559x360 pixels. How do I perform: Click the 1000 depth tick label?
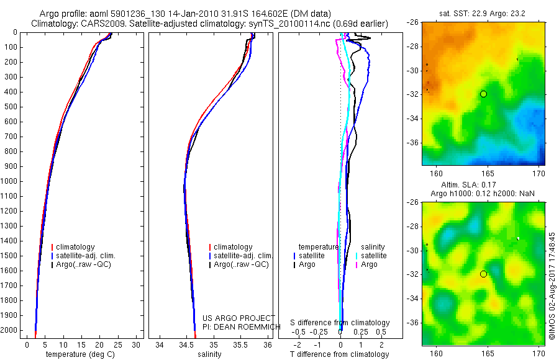[10, 181]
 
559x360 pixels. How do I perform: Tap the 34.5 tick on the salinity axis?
[186, 344]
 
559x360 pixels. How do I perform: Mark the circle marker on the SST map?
[483, 94]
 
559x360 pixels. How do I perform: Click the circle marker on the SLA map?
[483, 274]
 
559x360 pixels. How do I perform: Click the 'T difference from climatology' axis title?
[339, 354]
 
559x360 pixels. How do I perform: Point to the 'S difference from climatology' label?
[340, 323]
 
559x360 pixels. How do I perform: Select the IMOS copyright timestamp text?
[552, 268]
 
